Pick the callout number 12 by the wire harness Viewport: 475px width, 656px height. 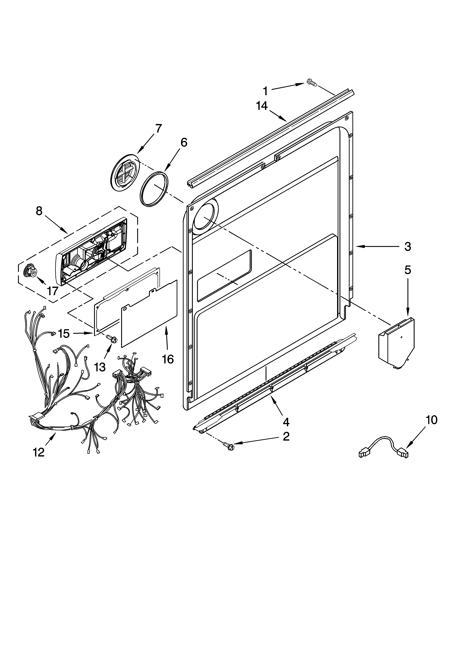(x=38, y=452)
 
